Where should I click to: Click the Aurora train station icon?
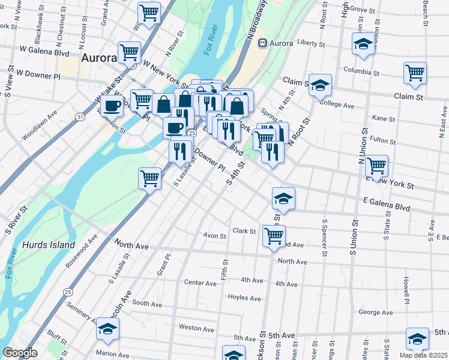[262, 44]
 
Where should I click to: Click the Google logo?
[20, 353]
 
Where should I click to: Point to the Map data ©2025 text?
[424, 355]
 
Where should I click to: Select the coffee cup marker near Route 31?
[110, 106]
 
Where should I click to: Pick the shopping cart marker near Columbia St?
[415, 73]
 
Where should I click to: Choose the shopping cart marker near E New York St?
[376, 165]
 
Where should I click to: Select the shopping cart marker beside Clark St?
[274, 235]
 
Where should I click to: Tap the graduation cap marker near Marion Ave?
[107, 328]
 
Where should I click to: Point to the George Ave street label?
[375, 312]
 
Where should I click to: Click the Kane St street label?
[381, 118]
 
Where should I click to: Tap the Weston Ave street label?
[196, 328]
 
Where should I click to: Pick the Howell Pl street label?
[406, 289]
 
